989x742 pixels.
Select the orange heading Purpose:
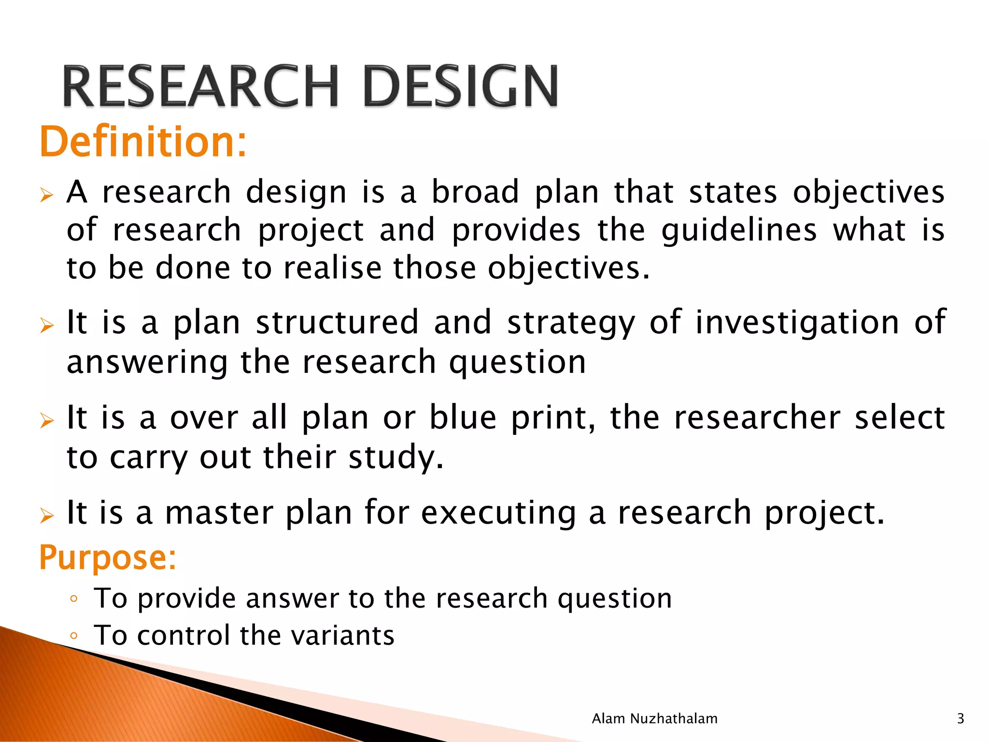click(x=108, y=557)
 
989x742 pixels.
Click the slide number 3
click(x=960, y=719)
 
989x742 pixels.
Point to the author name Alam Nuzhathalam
click(x=654, y=719)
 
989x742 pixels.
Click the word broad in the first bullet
click(x=475, y=192)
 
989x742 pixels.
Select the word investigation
click(x=797, y=323)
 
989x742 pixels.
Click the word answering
click(x=147, y=362)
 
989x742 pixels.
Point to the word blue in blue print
click(x=463, y=417)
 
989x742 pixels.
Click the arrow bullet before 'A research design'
click(x=46, y=195)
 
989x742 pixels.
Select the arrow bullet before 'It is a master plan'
click(x=46, y=515)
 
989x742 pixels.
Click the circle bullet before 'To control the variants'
click(x=73, y=636)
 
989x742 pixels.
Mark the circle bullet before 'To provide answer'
click(x=73, y=599)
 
